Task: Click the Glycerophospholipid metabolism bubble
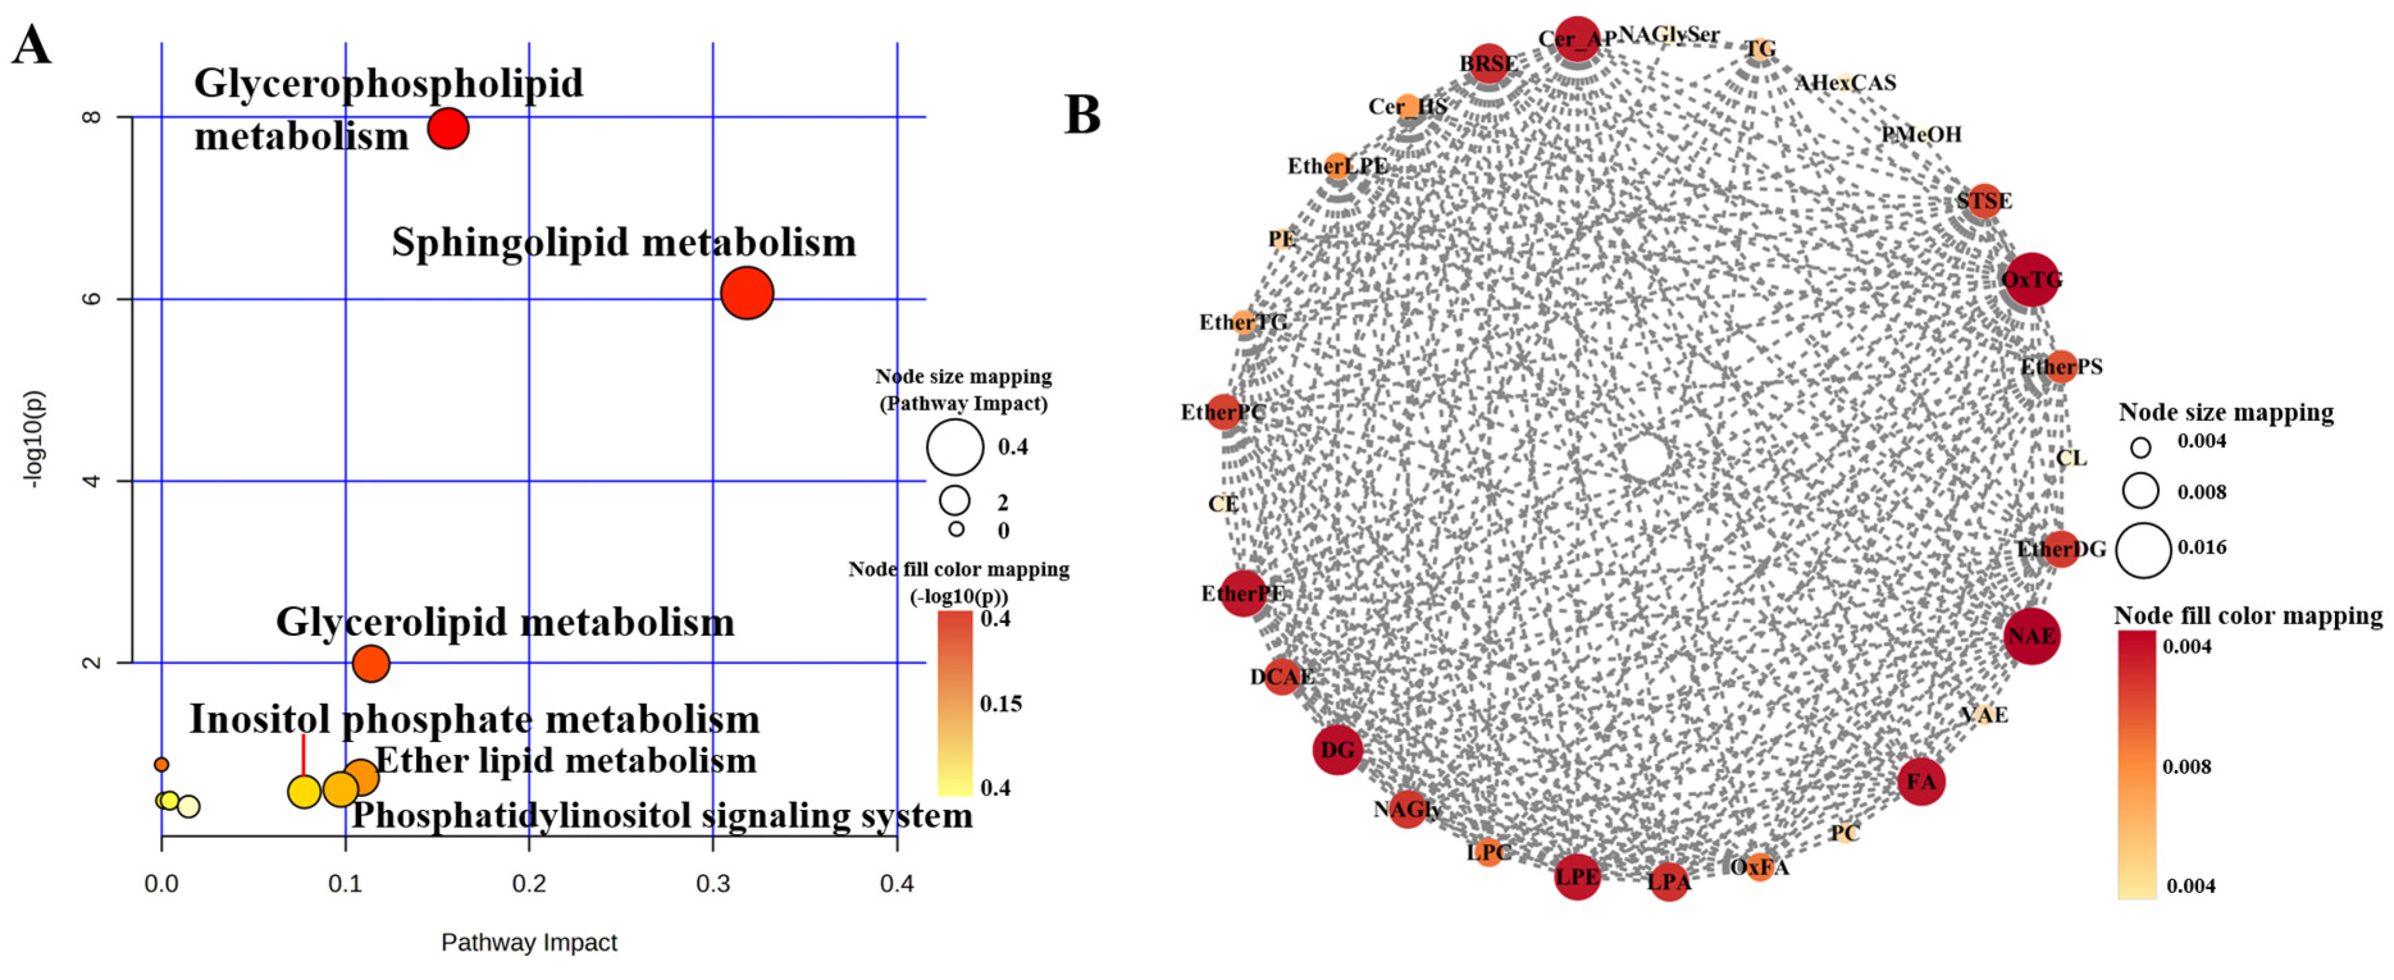pyautogui.click(x=448, y=128)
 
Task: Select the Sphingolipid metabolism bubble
pyautogui.click(x=747, y=292)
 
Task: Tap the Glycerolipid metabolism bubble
pyautogui.click(x=371, y=664)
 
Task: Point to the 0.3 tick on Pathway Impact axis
pyautogui.click(x=713, y=883)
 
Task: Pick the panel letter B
pyautogui.click(x=1082, y=115)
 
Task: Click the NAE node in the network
pyautogui.click(x=2032, y=636)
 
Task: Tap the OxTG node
pyautogui.click(x=2032, y=279)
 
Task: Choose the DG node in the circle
pyautogui.click(x=1338, y=750)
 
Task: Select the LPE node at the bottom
pyautogui.click(x=1577, y=876)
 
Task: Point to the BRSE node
pyautogui.click(x=1489, y=63)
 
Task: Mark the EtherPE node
pyautogui.click(x=1243, y=592)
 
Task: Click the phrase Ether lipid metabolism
pyautogui.click(x=566, y=761)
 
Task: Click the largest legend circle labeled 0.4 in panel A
pyautogui.click(x=955, y=447)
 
